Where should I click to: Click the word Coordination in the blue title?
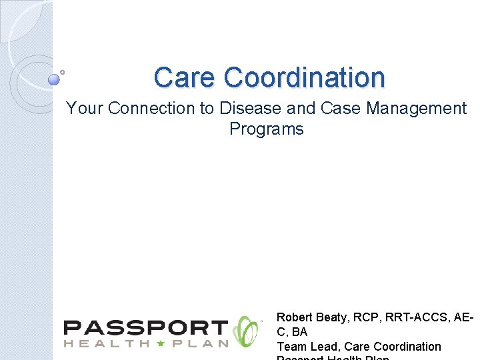pyautogui.click(x=305, y=78)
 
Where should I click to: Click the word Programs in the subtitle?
pyautogui.click(x=266, y=129)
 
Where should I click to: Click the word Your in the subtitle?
pyautogui.click(x=85, y=108)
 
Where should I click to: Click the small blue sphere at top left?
pyautogui.click(x=54, y=80)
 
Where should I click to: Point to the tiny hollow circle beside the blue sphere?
pyautogui.click(x=62, y=71)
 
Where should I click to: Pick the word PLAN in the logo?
pyautogui.click(x=203, y=343)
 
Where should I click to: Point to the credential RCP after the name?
pyautogui.click(x=364, y=317)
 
